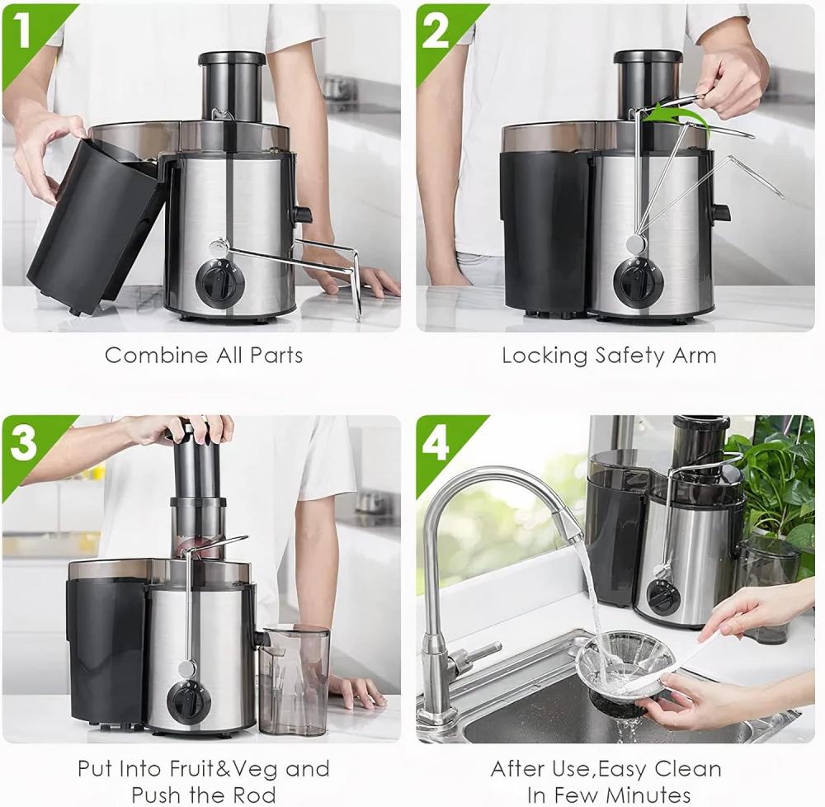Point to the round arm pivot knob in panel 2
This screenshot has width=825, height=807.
point(635,243)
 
